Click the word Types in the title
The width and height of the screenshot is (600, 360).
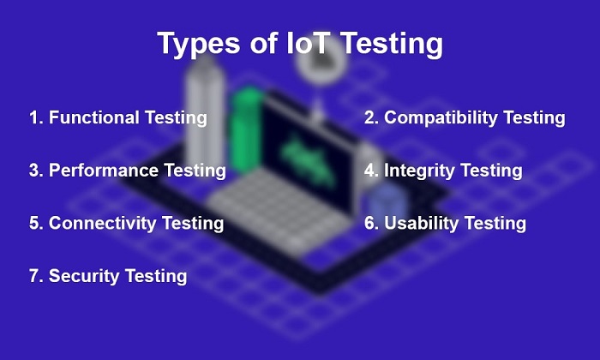point(199,44)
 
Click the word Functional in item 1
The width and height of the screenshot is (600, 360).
point(93,117)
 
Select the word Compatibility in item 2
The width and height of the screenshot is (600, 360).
point(441,117)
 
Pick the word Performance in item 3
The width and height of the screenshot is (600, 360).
point(104,171)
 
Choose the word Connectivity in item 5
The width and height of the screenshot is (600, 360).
point(102,223)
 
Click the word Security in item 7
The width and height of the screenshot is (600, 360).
point(84,276)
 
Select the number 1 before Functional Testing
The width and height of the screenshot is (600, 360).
point(33,117)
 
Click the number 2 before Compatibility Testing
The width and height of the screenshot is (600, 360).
point(370,117)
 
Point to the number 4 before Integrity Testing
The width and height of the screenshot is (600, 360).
point(370,171)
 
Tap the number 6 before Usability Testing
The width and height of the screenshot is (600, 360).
point(370,223)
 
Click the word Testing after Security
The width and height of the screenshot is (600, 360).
point(156,277)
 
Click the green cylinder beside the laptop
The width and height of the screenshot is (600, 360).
point(247,130)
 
